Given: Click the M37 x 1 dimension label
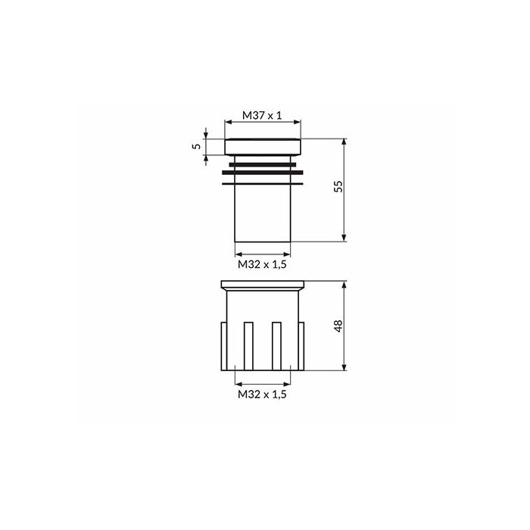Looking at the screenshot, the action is coord(262,116).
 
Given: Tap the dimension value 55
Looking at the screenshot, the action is coord(338,186).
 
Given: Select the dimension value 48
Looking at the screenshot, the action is coord(338,326).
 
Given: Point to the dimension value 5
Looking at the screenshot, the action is coord(196,146).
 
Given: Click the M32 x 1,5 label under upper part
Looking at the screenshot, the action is coord(262,264).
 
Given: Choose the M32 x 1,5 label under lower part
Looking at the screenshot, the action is coord(262,394).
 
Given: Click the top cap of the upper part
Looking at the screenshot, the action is coord(263,147).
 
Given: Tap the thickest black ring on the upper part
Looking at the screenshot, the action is coord(263,173).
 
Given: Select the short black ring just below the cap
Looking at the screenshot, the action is coord(263,164).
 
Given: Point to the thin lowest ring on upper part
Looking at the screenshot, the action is coord(263,184).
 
